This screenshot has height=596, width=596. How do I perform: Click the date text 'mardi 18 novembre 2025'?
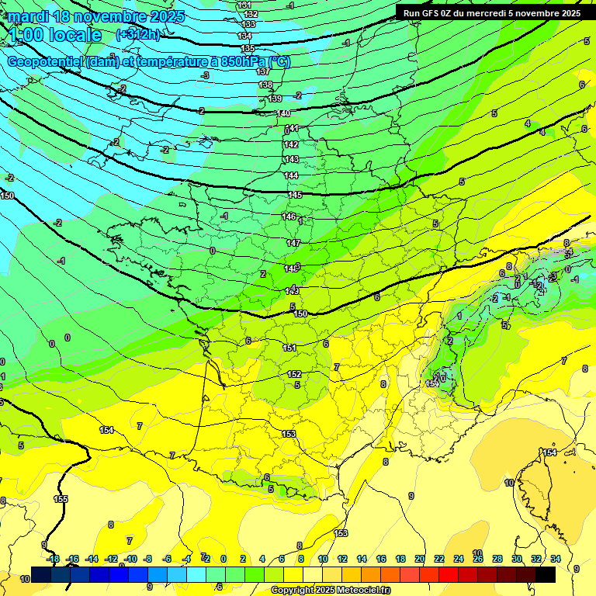[96, 16]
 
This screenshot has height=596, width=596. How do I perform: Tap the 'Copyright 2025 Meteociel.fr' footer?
[330, 591]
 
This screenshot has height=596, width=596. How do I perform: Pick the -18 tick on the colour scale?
[54, 559]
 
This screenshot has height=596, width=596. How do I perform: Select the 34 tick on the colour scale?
[556, 559]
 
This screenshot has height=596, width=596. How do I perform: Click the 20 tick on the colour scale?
[420, 559]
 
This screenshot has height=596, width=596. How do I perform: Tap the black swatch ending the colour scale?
[546, 574]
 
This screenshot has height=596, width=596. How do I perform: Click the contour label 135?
[248, 48]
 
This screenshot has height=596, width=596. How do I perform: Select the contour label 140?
[284, 113]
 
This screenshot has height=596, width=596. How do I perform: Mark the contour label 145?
[295, 195]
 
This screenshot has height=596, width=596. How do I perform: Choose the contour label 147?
[293, 243]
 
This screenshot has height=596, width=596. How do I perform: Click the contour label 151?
[289, 348]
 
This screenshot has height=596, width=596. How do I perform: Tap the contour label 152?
[294, 374]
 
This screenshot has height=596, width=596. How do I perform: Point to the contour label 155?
[61, 499]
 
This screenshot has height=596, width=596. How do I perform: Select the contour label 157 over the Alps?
[433, 384]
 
